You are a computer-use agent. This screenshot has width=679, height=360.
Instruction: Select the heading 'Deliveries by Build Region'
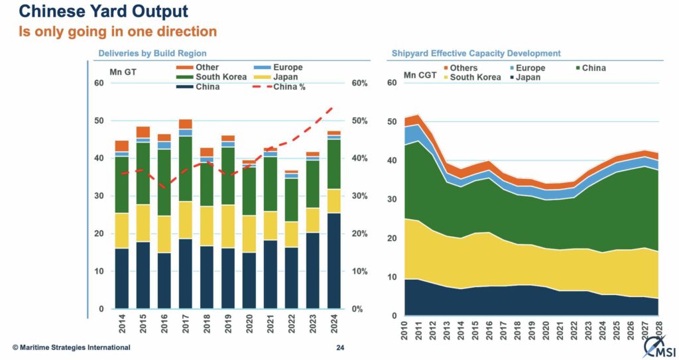(x=153, y=53)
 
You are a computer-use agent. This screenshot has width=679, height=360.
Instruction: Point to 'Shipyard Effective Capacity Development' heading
(x=475, y=53)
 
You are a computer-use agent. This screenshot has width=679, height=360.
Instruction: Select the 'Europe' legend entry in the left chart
(x=278, y=68)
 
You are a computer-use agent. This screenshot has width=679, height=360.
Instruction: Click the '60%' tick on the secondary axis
(x=359, y=83)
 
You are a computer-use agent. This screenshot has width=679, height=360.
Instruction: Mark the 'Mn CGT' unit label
(x=420, y=75)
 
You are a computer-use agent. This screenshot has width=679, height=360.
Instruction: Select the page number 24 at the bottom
(x=339, y=347)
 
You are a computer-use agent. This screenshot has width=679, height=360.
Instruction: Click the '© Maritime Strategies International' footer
(x=70, y=347)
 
